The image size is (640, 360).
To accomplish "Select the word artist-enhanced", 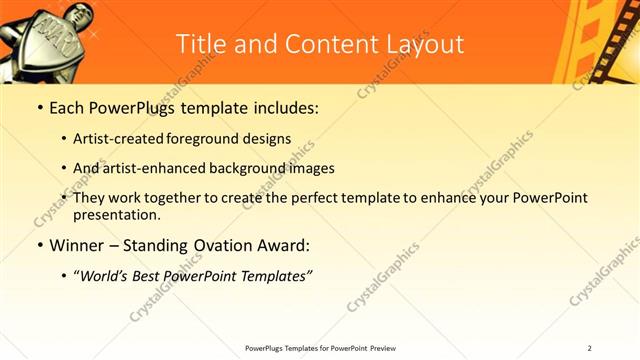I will tap(155, 168).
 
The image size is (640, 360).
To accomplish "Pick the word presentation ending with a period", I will tap(117, 214).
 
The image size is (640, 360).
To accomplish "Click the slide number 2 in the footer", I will tap(590, 348).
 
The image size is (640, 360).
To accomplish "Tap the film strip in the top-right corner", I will tap(605, 40).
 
